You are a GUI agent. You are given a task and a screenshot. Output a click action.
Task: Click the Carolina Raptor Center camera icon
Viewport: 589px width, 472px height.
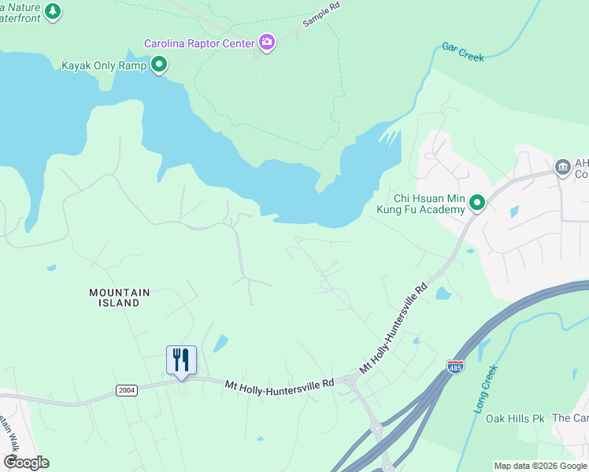[267, 42]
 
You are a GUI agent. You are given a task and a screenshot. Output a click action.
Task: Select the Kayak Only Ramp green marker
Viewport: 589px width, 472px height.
[159, 65]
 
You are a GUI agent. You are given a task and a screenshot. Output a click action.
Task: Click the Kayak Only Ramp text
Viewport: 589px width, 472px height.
[104, 65]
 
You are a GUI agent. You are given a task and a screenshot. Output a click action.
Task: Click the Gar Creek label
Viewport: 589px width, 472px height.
[462, 51]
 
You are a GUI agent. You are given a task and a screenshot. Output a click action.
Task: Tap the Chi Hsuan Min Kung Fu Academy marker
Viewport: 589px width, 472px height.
[476, 204]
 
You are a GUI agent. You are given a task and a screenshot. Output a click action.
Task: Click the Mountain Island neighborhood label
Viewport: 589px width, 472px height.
[119, 297]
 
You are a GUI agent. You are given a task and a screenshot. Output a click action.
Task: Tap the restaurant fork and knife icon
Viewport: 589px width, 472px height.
[181, 360]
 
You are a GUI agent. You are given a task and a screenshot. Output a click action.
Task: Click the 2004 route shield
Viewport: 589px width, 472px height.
[126, 390]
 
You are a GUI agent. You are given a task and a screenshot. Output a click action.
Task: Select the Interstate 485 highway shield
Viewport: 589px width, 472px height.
[455, 367]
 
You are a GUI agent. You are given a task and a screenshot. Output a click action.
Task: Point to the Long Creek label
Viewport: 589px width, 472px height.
[485, 389]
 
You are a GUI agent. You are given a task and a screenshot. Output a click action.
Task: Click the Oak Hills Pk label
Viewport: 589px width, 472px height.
[515, 419]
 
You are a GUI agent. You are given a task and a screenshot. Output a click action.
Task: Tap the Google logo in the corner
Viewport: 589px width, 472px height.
[26, 463]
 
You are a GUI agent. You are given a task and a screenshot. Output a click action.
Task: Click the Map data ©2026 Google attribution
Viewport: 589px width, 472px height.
[540, 466]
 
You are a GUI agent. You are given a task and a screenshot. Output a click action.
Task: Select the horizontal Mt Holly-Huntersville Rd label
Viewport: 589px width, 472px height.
[279, 384]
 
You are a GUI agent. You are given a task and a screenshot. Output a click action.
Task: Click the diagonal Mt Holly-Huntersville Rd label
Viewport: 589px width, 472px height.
[393, 328]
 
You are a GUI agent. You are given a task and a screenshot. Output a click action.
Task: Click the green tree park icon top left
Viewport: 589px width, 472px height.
[53, 11]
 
